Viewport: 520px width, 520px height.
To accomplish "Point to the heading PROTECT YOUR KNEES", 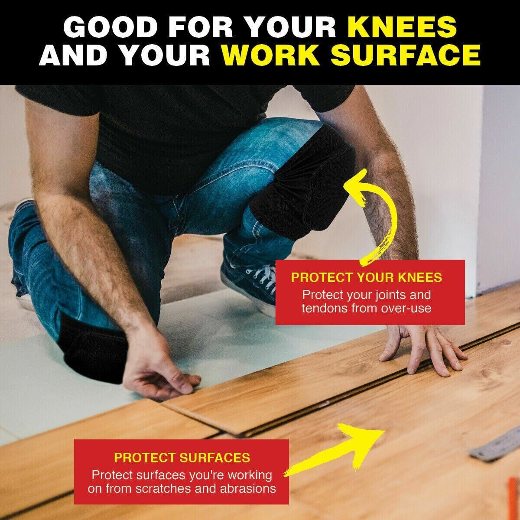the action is point(367,278).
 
